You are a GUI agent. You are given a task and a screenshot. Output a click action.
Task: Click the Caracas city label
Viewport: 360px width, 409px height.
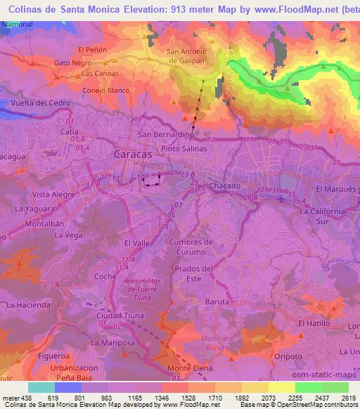coord(133,153)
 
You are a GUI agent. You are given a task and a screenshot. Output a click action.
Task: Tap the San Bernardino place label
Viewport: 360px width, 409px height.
coord(165,134)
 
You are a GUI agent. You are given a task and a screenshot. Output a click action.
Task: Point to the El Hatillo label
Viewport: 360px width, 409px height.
coord(313,323)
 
